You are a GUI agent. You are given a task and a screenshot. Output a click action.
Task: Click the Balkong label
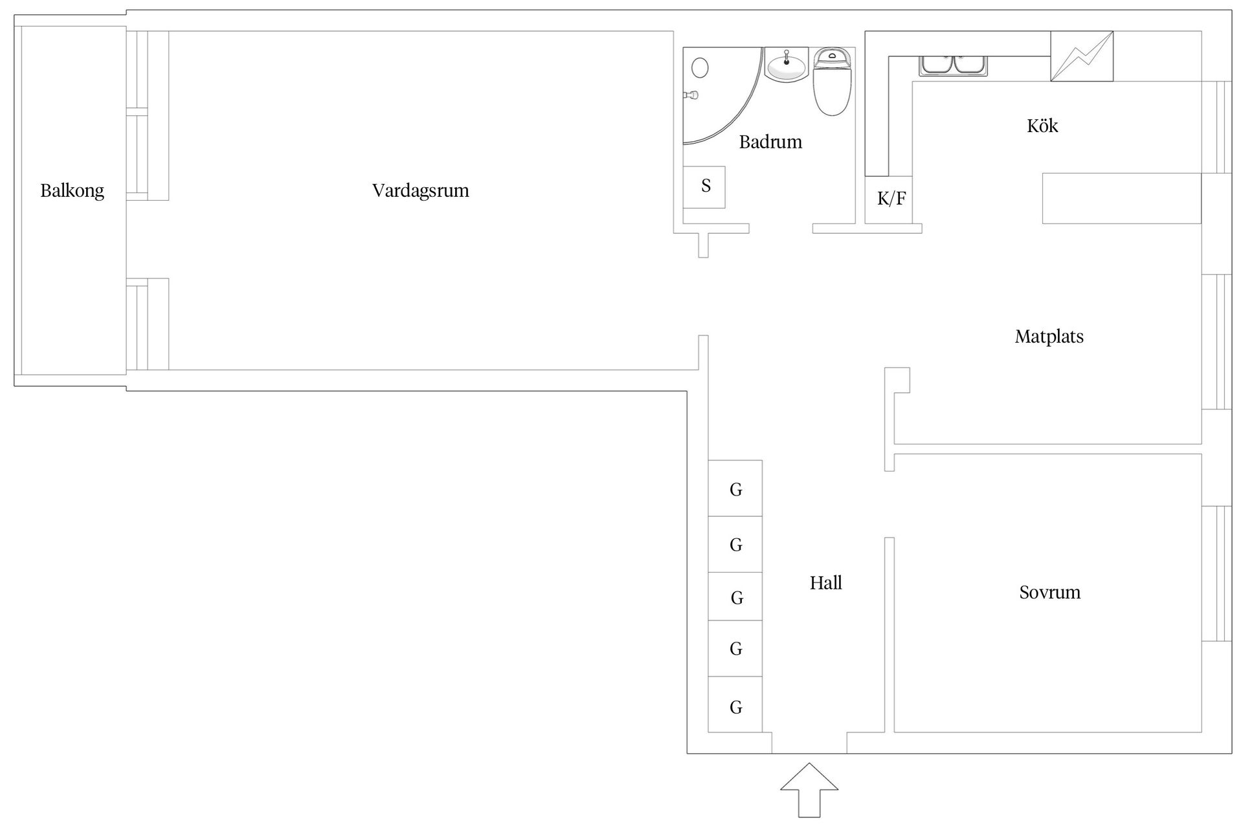pos(72,190)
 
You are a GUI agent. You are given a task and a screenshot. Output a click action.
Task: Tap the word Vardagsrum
pos(420,190)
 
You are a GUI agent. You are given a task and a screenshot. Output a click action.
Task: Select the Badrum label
pos(770,142)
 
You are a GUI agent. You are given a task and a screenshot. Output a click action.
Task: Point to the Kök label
pos(1042,126)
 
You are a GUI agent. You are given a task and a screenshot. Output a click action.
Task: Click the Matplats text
pos(1049,336)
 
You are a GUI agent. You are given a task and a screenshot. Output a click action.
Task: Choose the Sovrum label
pos(1049,592)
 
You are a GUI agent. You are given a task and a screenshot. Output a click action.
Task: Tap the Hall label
pos(825,583)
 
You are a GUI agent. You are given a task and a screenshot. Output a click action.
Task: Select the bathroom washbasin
pos(786,65)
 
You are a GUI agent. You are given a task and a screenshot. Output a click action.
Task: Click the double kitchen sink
pos(954,65)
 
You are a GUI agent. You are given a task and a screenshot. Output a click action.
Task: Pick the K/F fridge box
pos(891,199)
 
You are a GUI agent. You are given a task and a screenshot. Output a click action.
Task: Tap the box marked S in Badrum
pos(704,187)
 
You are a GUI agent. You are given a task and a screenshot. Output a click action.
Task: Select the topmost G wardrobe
pos(735,488)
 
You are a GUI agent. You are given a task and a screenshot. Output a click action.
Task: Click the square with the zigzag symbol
pos(1081,56)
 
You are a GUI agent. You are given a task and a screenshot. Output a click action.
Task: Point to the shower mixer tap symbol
pos(691,95)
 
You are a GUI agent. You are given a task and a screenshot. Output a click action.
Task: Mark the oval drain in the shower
pos(700,67)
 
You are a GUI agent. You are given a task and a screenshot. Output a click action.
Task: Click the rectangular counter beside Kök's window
pos(1121,198)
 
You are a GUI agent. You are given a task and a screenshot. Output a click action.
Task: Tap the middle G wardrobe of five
pos(735,596)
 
